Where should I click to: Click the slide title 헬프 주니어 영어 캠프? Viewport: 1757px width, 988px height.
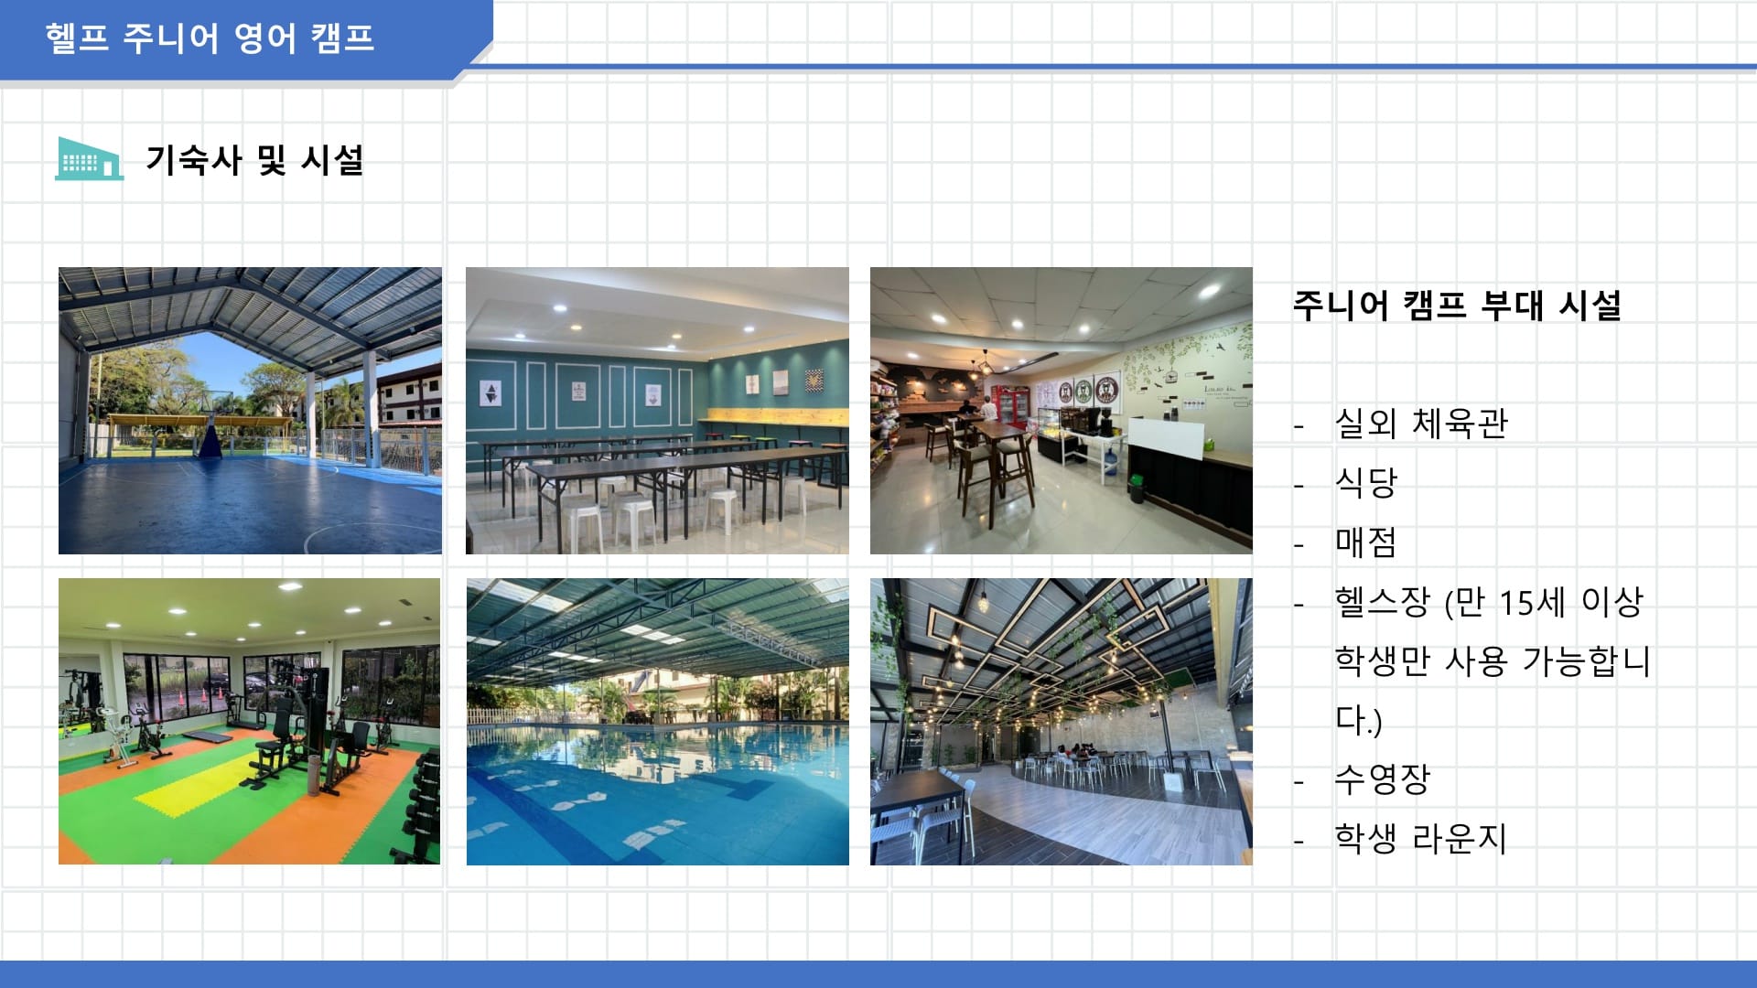pos(210,38)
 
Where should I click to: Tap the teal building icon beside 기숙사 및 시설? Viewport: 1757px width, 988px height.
pos(89,158)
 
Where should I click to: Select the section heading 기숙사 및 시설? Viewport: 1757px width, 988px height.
pos(254,160)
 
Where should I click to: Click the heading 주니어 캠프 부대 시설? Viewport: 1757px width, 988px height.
pos(1456,305)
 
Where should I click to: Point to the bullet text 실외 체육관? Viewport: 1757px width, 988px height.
pos(1420,424)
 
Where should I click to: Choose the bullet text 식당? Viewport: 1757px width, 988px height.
pos(1365,482)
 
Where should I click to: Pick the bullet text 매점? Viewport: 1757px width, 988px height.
pos(1365,542)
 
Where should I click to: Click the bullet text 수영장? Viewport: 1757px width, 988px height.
pos(1382,779)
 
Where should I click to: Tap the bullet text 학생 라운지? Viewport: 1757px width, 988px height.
pos(1420,838)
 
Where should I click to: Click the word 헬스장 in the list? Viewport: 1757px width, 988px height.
pos(1382,602)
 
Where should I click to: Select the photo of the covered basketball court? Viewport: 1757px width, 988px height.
pos(250,411)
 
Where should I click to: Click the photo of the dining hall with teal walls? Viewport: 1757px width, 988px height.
pos(657,411)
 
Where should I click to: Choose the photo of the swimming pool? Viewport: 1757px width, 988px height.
pos(657,722)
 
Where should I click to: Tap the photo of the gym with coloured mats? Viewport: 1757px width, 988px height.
pos(249,722)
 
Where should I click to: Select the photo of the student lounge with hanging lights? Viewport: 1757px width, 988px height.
pos(1062,722)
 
